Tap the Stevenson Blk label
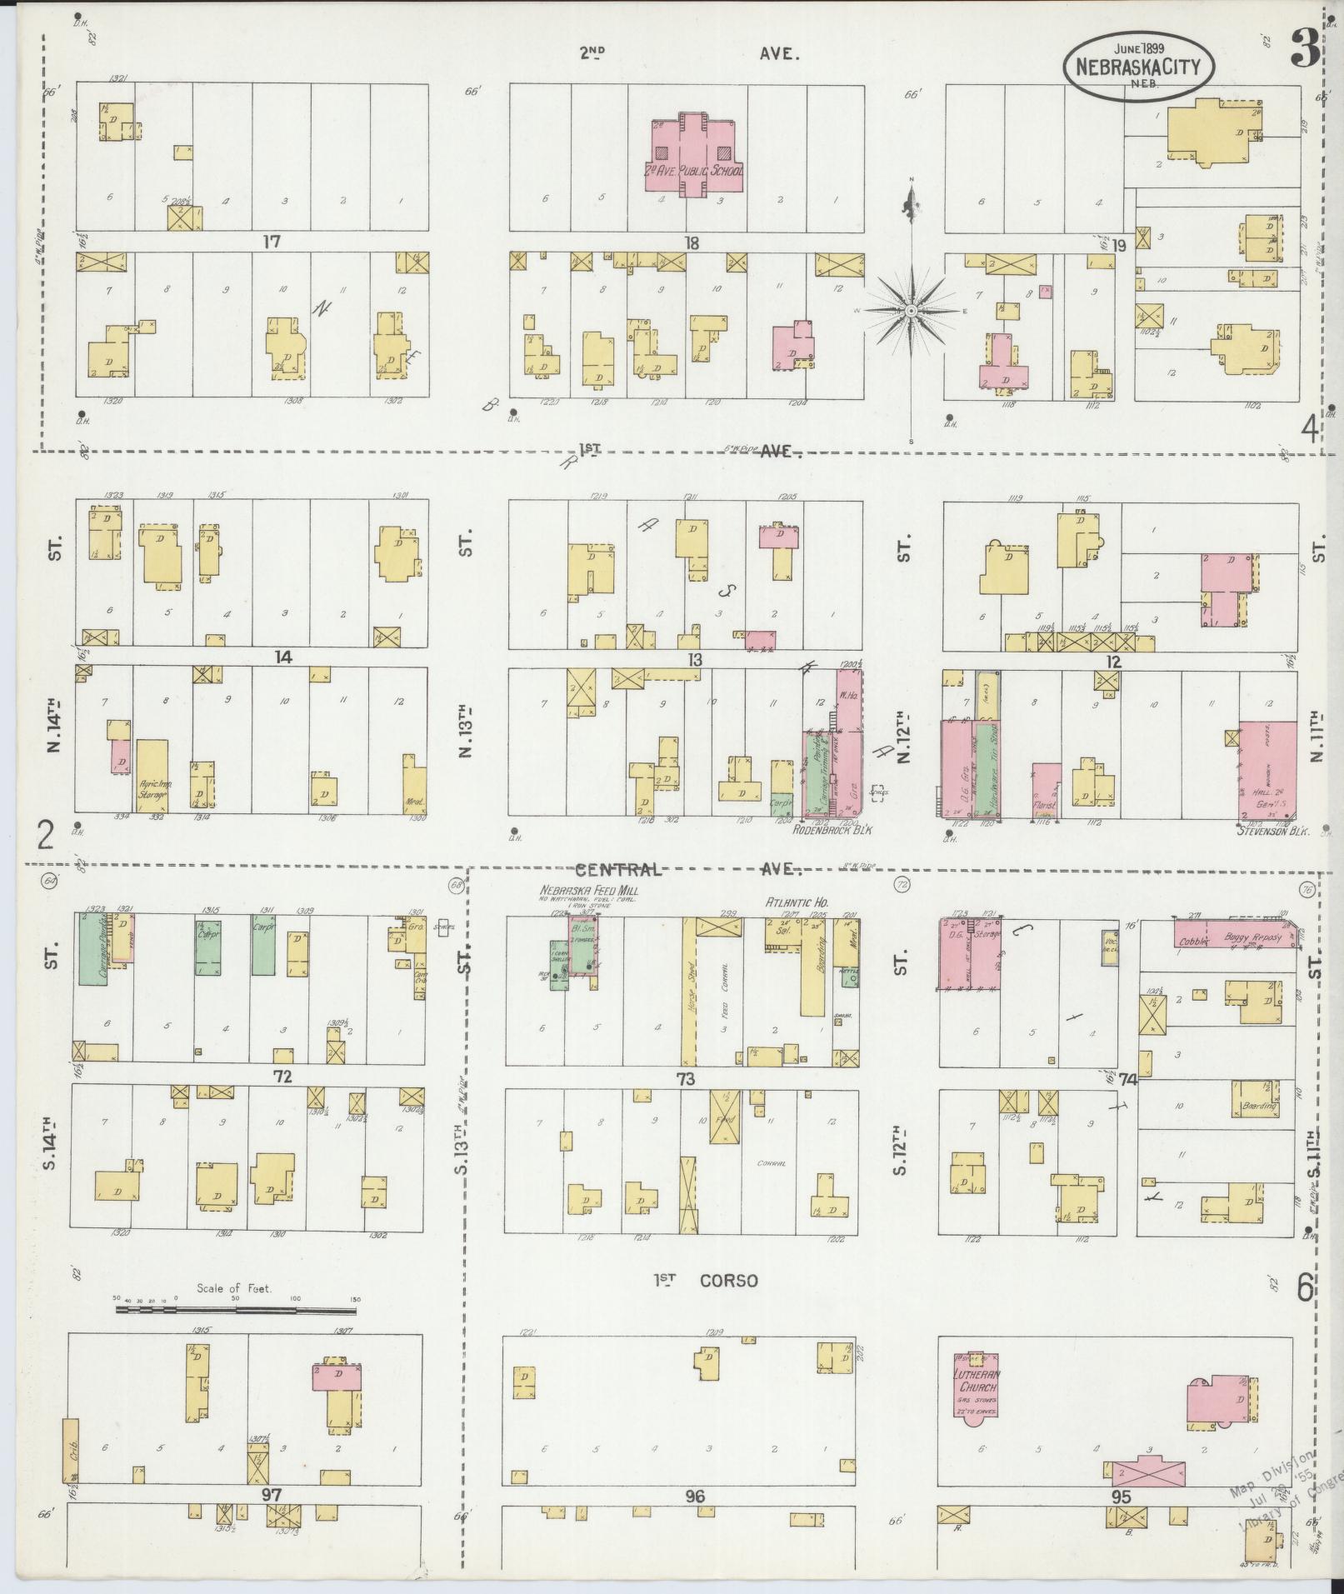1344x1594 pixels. pos(1274,831)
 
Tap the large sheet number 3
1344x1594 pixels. pos(1305,49)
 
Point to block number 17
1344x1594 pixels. pos(271,242)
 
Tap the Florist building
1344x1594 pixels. pos(1047,787)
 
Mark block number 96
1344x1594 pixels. pos(695,1497)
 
